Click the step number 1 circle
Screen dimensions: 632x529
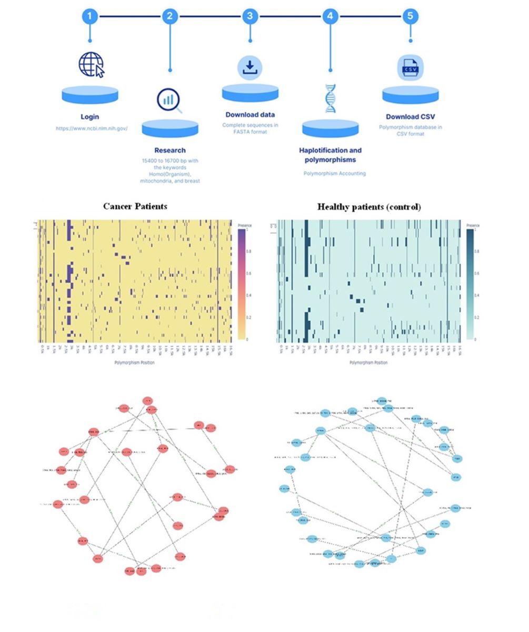pyautogui.click(x=89, y=16)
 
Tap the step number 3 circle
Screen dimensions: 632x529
pyautogui.click(x=250, y=16)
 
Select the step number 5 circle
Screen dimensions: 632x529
pyautogui.click(x=411, y=16)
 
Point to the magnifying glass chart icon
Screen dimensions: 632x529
pyautogui.click(x=169, y=100)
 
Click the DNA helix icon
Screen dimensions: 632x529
pyautogui.click(x=330, y=98)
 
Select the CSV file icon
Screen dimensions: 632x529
pyautogui.click(x=410, y=68)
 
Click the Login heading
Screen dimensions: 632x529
pyautogui.click(x=89, y=117)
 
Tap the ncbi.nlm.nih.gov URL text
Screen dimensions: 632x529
pyautogui.click(x=92, y=129)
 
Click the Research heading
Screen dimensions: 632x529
pyautogui.click(x=169, y=151)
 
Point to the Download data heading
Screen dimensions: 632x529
pyautogui.click(x=250, y=115)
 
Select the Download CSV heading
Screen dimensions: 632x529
pyautogui.click(x=411, y=117)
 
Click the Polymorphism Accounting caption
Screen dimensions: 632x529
pyautogui.click(x=334, y=173)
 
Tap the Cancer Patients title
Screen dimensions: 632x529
pyautogui.click(x=135, y=206)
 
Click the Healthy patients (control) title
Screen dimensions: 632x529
pyautogui.click(x=369, y=207)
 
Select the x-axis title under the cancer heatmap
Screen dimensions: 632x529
pyautogui.click(x=135, y=362)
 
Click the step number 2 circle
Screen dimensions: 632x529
pyautogui.click(x=169, y=16)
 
